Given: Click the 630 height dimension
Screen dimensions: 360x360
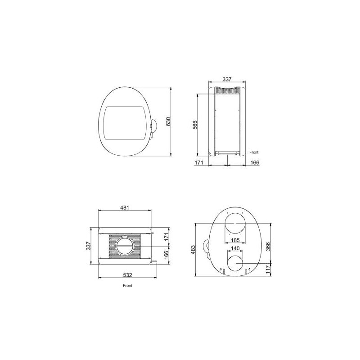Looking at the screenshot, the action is pyautogui.click(x=168, y=121).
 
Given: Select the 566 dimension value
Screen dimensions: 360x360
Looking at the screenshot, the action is pyautogui.click(x=195, y=125).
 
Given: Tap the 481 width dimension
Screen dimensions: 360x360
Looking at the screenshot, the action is pyautogui.click(x=125, y=208).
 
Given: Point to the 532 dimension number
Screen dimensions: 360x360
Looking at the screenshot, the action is pyautogui.click(x=128, y=275).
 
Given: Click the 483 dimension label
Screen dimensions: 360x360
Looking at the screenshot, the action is pyautogui.click(x=193, y=250).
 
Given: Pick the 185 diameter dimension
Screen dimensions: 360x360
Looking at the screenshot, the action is pyautogui.click(x=235, y=240).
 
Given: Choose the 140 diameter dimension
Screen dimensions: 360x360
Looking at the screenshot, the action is pyautogui.click(x=235, y=248).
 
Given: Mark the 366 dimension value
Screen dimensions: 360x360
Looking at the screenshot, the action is pyautogui.click(x=268, y=246).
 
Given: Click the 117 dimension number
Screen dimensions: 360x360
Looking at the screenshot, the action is pyautogui.click(x=268, y=270).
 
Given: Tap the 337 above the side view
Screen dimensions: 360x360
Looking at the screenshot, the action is pyautogui.click(x=227, y=79).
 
